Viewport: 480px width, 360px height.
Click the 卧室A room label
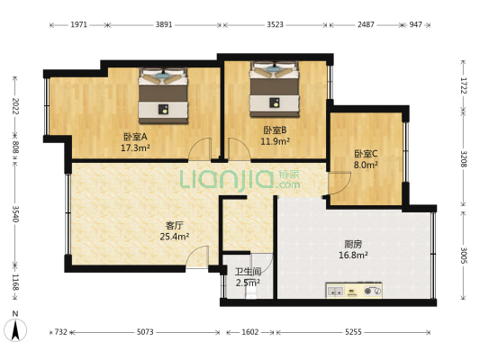click(x=135, y=137)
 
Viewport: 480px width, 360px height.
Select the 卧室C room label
click(x=366, y=154)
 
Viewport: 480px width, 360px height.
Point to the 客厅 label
click(x=175, y=226)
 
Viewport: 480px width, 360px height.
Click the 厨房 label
click(x=354, y=243)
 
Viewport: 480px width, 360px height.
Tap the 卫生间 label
click(x=248, y=272)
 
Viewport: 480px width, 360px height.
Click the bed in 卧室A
click(x=163, y=96)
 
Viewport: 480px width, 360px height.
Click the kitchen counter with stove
click(x=354, y=291)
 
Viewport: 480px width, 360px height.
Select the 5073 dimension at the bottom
click(x=146, y=332)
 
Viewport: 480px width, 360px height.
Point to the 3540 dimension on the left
click(x=15, y=213)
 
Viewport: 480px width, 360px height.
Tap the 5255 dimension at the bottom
click(x=353, y=332)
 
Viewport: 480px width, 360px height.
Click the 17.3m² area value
click(x=135, y=148)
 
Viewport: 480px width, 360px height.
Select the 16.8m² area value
click(x=354, y=255)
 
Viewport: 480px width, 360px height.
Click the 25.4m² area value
click(x=175, y=238)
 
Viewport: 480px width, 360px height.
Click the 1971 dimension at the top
click(x=79, y=25)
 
